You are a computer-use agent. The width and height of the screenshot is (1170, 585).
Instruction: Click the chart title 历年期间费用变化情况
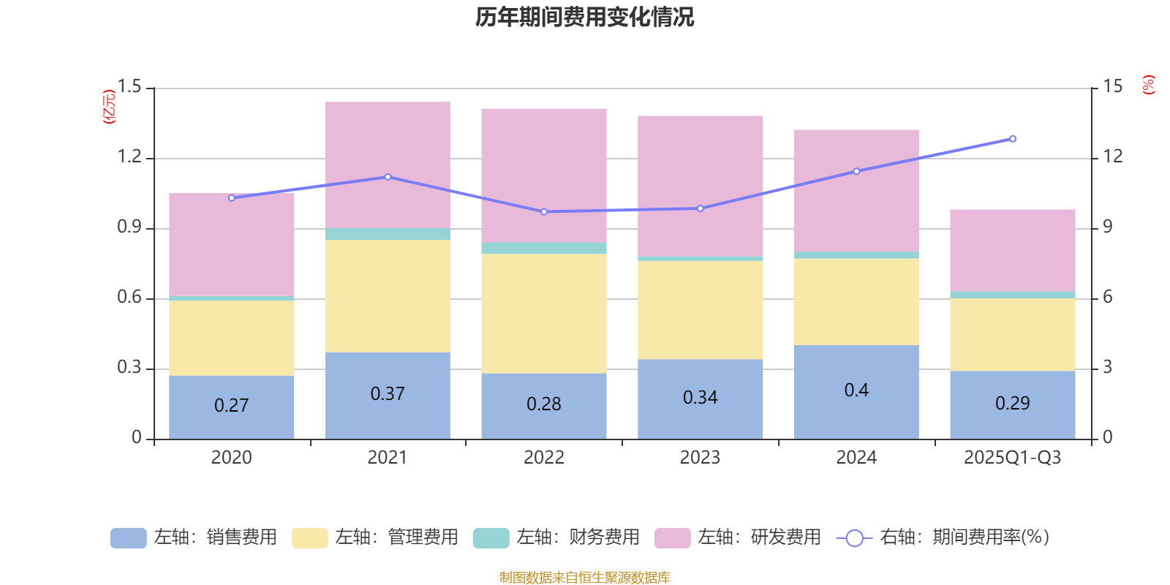tap(584, 17)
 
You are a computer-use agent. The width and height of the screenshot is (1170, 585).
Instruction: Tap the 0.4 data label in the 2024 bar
tap(856, 390)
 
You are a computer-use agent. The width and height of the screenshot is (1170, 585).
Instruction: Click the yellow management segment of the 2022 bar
tap(544, 313)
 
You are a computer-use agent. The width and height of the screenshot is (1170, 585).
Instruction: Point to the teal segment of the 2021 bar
tap(388, 234)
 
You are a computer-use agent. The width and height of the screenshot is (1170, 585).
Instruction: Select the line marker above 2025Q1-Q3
tap(1013, 139)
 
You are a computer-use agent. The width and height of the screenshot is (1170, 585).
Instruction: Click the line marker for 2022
tap(544, 212)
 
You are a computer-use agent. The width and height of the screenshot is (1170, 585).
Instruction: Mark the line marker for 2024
tap(856, 171)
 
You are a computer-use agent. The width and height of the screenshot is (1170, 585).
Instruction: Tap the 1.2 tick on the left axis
tap(129, 156)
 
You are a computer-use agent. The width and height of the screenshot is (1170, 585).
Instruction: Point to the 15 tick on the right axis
tap(1113, 87)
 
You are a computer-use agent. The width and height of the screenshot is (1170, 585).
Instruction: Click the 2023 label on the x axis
tap(700, 458)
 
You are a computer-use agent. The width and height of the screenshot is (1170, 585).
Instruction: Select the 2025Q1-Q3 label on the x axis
tap(1012, 458)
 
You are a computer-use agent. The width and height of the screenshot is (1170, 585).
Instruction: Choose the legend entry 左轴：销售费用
tap(194, 537)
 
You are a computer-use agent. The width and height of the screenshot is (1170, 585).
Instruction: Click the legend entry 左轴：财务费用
tap(556, 537)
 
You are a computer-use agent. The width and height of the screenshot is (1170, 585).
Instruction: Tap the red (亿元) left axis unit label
tap(109, 107)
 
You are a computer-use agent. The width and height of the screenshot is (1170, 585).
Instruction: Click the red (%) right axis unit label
tap(1148, 85)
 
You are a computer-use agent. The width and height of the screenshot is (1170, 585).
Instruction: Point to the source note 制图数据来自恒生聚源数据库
tap(584, 578)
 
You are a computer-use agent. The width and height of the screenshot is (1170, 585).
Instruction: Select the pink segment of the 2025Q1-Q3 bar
tap(1013, 250)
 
